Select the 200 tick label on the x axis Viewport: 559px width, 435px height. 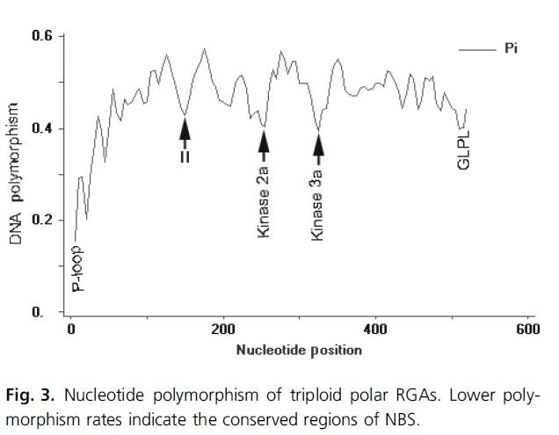223,330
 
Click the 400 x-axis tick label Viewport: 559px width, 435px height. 375,330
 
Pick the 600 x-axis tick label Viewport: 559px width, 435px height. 528,330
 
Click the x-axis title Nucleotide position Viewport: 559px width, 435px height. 299,350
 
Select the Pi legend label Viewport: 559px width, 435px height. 510,49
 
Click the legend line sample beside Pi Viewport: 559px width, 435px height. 478,50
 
